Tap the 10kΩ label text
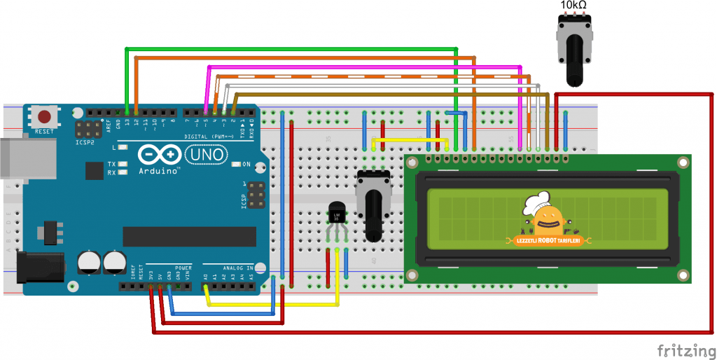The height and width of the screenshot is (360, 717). click(573, 6)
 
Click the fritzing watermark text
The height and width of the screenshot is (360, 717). click(685, 348)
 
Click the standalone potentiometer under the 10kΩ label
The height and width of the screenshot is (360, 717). click(573, 46)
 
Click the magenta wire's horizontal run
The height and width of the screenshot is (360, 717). click(364, 67)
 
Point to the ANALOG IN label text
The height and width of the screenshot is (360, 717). click(238, 267)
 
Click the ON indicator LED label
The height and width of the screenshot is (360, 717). click(245, 165)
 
